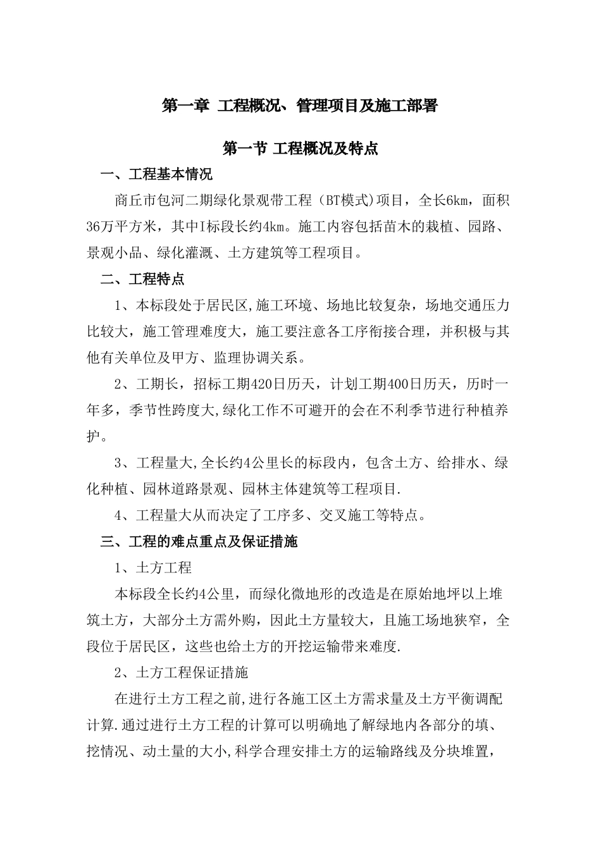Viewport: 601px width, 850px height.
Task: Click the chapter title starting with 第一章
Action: (300, 105)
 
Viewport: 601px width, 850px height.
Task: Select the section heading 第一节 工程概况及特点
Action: (300, 149)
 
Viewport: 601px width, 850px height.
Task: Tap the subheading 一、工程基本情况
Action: (157, 175)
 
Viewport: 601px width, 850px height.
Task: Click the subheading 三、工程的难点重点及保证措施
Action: (199, 541)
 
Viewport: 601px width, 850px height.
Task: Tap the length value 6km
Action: (457, 201)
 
